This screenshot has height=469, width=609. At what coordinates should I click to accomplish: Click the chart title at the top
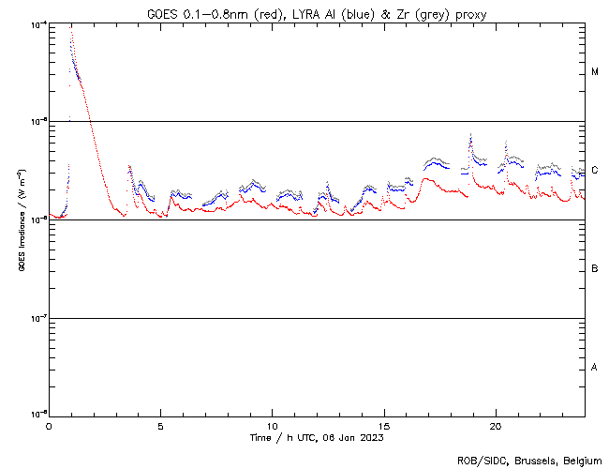(x=317, y=14)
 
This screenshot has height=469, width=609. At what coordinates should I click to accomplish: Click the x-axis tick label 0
(x=49, y=426)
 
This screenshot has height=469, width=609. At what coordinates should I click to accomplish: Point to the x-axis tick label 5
(x=160, y=426)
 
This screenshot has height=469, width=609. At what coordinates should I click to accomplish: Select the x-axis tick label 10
(x=272, y=426)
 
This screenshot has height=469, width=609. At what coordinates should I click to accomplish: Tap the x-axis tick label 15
(x=383, y=426)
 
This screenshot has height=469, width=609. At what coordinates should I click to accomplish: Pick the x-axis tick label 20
(x=495, y=426)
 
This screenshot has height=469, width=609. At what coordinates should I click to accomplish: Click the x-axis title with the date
(x=317, y=438)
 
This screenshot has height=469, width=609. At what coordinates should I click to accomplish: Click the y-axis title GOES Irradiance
(x=20, y=219)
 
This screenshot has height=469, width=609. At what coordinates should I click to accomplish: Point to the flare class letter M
(x=595, y=72)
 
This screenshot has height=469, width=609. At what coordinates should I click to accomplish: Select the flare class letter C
(x=595, y=171)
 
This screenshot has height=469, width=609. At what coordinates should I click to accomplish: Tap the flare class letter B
(x=595, y=269)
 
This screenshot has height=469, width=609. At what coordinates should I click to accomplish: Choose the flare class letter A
(x=595, y=367)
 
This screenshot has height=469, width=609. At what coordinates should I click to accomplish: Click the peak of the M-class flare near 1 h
(x=71, y=30)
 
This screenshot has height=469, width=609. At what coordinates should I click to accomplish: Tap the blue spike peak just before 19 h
(x=469, y=134)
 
